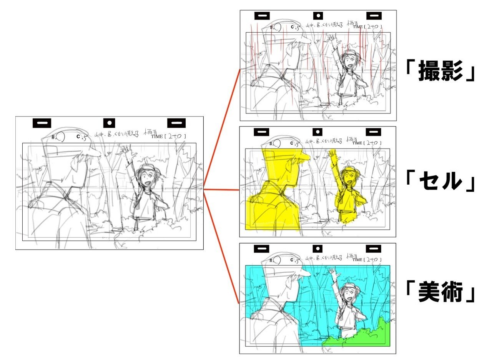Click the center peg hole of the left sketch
[109, 123]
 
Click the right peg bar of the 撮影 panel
[373, 16]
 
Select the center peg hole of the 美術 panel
[318, 249]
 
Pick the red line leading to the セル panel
[221, 190]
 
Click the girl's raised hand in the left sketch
[124, 149]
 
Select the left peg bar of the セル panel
[261, 132]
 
